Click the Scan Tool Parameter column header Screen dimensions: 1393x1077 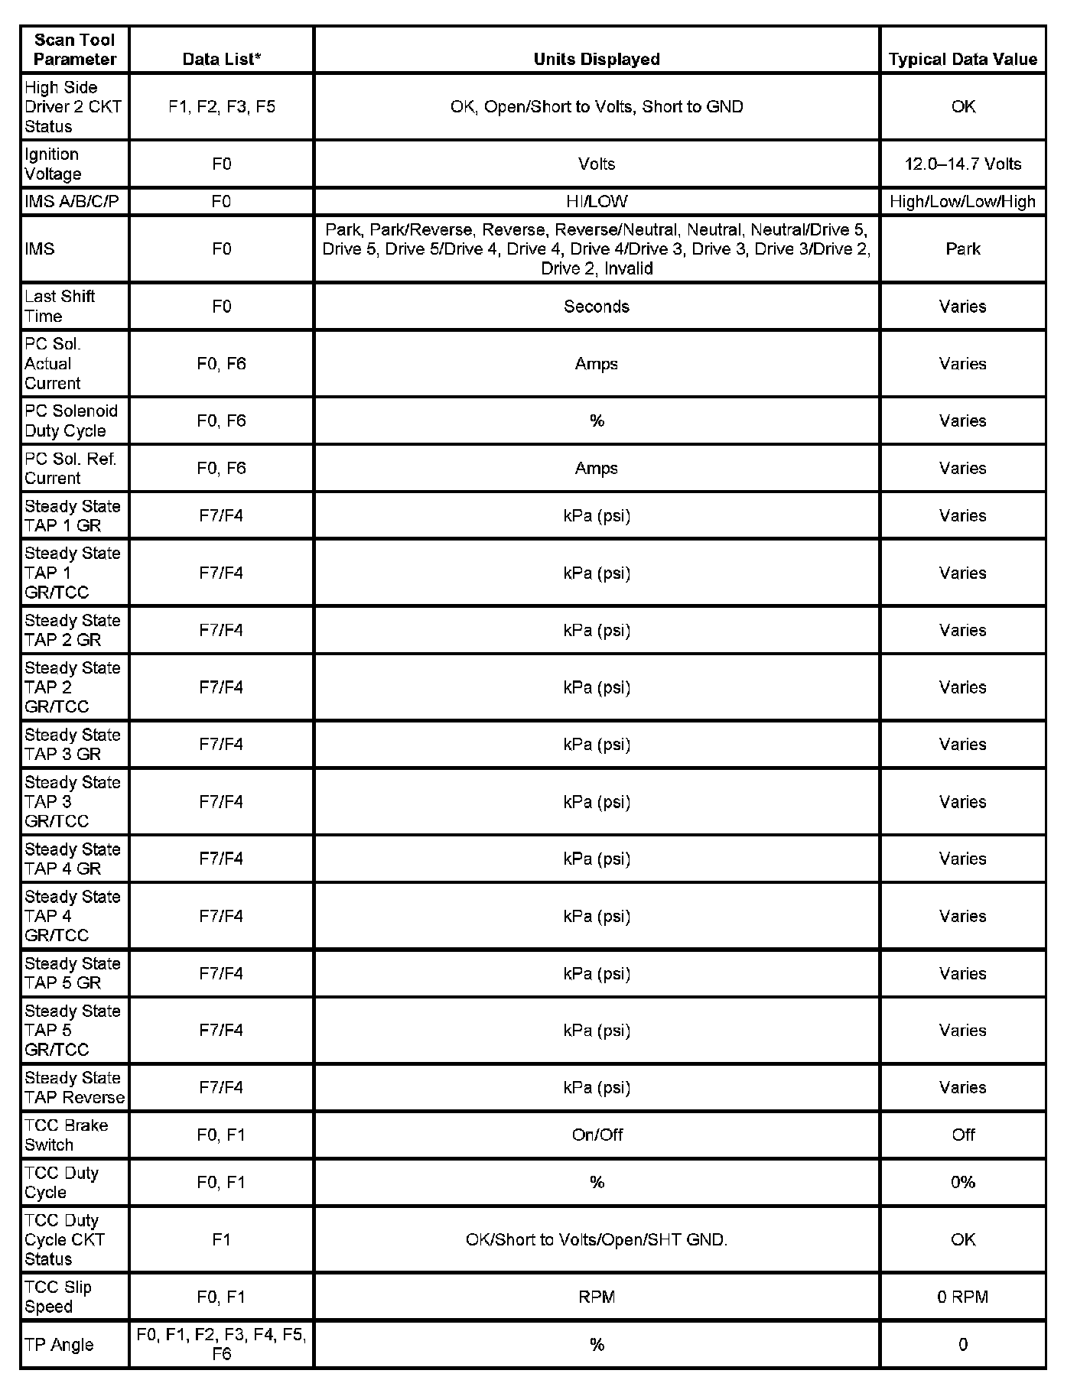tap(74, 50)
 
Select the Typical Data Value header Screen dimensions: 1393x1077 tap(962, 59)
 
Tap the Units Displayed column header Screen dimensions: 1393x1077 tap(596, 59)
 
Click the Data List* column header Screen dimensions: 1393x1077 tap(221, 59)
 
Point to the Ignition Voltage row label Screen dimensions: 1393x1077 tap(52, 164)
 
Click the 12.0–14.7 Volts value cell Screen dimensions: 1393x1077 tap(962, 164)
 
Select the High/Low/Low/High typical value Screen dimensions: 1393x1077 tap(962, 202)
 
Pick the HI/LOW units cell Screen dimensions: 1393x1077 tap(596, 202)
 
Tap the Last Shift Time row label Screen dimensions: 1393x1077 tap(59, 306)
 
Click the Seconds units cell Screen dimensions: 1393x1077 tap(596, 306)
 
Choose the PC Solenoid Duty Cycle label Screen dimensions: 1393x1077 tap(70, 420)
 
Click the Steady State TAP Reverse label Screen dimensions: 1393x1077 tap(74, 1087)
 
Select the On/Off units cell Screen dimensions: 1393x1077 tap(596, 1135)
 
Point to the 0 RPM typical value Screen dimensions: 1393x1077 tap(962, 1297)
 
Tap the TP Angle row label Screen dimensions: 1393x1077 tap(59, 1344)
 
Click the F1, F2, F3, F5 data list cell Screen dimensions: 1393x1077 tap(221, 106)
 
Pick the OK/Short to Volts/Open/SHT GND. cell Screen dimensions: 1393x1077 tap(596, 1239)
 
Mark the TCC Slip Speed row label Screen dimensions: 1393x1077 tap(57, 1297)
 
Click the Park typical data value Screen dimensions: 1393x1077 tap(962, 248)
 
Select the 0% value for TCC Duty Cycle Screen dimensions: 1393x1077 tap(962, 1182)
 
